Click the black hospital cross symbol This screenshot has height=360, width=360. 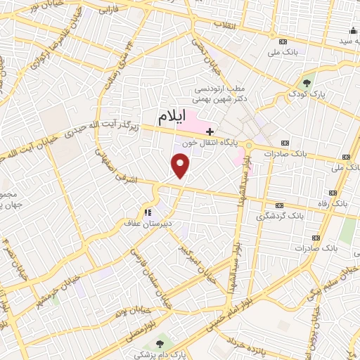(210, 131)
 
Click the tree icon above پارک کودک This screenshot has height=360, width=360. (307, 82)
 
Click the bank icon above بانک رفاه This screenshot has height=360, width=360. (333, 191)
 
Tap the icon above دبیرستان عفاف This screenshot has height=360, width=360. (148, 212)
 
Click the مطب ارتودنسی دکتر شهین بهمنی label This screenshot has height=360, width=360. (221, 95)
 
